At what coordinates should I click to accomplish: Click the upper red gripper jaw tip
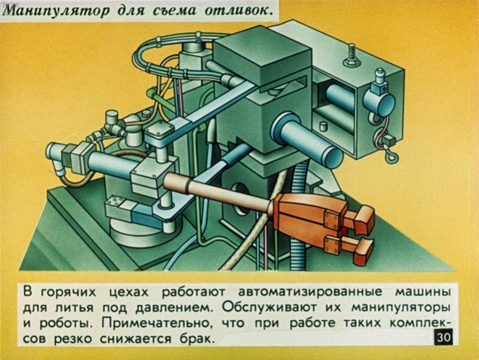tap(363, 220)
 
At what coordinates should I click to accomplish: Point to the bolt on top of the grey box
tap(351, 56)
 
